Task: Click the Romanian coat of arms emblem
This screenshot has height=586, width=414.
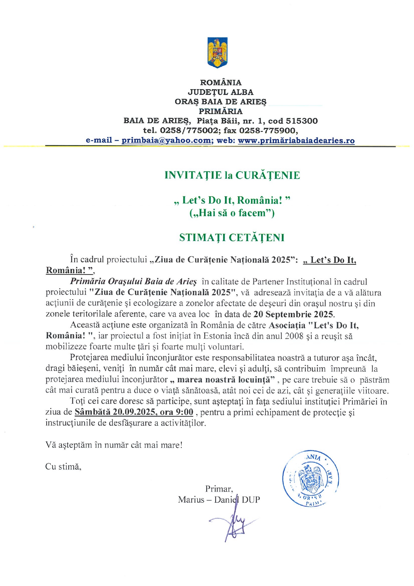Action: pyautogui.click(x=217, y=52)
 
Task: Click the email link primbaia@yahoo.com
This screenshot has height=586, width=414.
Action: pyautogui.click(x=166, y=141)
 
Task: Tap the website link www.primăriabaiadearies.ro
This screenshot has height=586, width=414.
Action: pyautogui.click(x=296, y=141)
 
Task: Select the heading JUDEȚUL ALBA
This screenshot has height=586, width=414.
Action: pyautogui.click(x=221, y=92)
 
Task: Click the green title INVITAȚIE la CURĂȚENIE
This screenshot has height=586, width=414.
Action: pyautogui.click(x=232, y=175)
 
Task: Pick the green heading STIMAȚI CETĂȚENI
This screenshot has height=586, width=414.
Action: pyautogui.click(x=232, y=238)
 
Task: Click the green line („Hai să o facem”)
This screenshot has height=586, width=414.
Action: pyautogui.click(x=232, y=213)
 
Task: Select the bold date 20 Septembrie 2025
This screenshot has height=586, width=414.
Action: pyautogui.click(x=293, y=314)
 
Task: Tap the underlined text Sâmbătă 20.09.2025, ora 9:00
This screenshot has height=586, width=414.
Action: pyautogui.click(x=134, y=412)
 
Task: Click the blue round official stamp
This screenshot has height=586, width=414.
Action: pyautogui.click(x=311, y=478)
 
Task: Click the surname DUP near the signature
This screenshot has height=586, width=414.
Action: pyautogui.click(x=251, y=500)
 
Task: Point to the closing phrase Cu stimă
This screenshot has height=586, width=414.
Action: pyautogui.click(x=63, y=467)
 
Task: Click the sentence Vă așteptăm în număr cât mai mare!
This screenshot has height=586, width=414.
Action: pyautogui.click(x=114, y=445)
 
